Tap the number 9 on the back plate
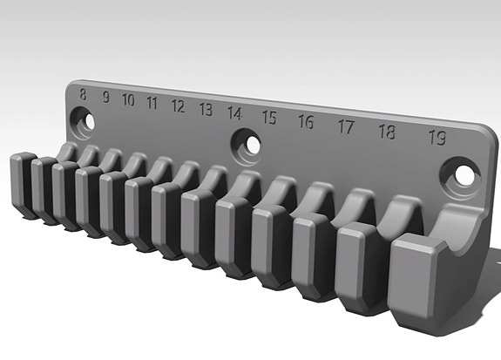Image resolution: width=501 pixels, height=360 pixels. point(105,98)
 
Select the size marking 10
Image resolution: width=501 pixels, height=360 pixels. point(128,100)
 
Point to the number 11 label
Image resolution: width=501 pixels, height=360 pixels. point(152,104)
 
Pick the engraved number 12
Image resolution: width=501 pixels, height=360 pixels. point(178,106)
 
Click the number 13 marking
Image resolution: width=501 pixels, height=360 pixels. point(206,110)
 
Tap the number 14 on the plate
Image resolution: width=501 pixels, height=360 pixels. point(234,113)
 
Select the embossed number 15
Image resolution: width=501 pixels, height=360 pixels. point(268,118)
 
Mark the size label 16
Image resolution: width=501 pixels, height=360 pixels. point(305,122)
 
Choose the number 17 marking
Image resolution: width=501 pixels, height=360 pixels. point(345,127)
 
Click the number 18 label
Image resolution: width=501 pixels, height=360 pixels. point(387,132)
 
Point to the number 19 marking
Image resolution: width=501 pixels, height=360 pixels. point(437,138)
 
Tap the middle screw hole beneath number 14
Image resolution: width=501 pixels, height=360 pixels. point(246,144)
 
